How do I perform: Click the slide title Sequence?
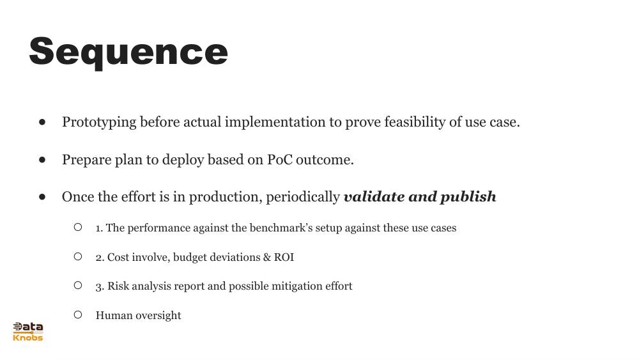click(128, 52)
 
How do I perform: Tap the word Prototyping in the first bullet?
click(99, 122)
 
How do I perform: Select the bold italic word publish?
click(468, 197)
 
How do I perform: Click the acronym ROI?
click(284, 257)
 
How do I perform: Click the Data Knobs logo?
click(28, 331)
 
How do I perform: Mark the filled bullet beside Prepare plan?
click(42, 159)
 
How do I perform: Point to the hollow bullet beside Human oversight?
click(78, 315)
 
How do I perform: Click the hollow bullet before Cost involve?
click(78, 256)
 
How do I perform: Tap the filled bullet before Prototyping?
click(42, 121)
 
